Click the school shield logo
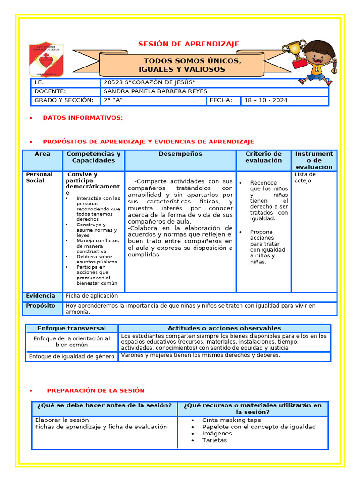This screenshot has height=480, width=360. pyautogui.click(x=46, y=60)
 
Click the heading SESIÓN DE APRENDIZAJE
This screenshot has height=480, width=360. pyautogui.click(x=188, y=44)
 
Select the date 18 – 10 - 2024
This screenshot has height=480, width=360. pyautogui.click(x=266, y=100)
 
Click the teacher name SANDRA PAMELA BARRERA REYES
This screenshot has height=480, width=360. pyautogui.click(x=155, y=91)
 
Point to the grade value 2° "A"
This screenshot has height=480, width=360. pyautogui.click(x=113, y=100)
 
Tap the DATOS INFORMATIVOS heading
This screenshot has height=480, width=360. pyautogui.click(x=82, y=118)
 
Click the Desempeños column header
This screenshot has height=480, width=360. pyautogui.click(x=180, y=154)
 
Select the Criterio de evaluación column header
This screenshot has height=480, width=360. pyautogui.click(x=263, y=157)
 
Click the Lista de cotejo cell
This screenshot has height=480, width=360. pyautogui.click(x=305, y=177)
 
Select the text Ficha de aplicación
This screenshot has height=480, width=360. pyautogui.click(x=91, y=296)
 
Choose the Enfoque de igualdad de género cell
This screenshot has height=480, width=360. pyautogui.click(x=72, y=356)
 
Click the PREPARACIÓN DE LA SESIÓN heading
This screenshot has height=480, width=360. pyautogui.click(x=96, y=390)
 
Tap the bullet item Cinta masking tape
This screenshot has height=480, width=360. pyautogui.click(x=232, y=420)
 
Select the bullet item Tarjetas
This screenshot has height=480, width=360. pyautogui.click(x=214, y=440)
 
